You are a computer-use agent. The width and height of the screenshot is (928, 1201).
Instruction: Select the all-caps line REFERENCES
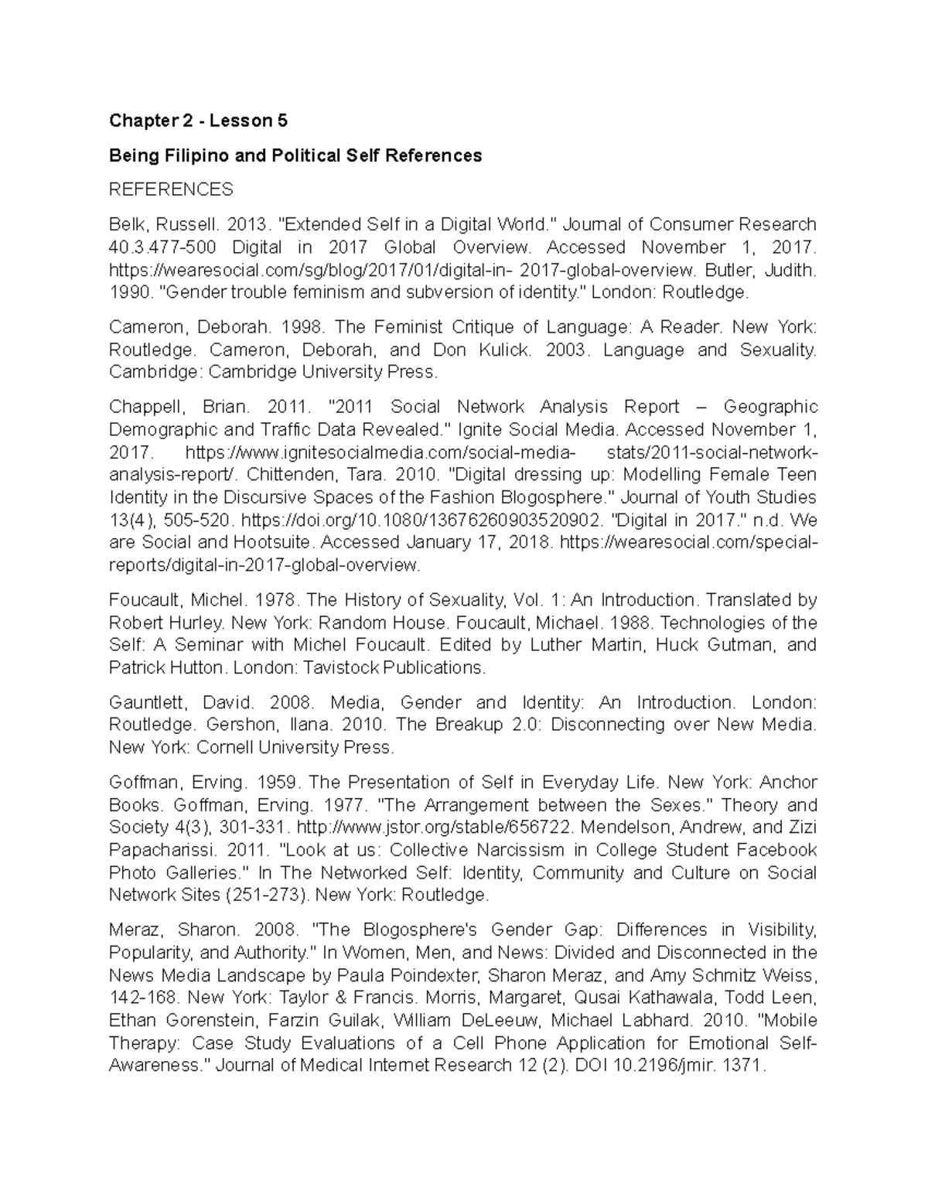[x=171, y=189]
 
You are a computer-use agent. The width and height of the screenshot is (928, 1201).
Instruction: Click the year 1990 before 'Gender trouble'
[x=127, y=292]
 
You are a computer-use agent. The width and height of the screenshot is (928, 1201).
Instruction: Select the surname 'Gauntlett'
[x=148, y=702]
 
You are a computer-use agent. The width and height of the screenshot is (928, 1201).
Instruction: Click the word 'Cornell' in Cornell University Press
[x=225, y=747]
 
